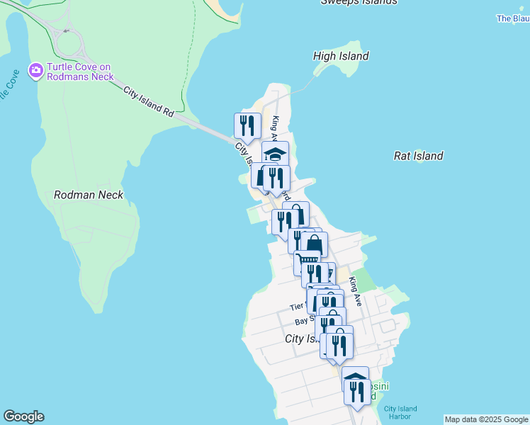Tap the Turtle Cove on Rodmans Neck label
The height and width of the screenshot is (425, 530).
point(79,72)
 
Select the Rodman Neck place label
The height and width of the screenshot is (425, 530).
point(89,195)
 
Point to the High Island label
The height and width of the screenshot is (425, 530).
point(341,56)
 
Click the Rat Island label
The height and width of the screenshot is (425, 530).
point(418,156)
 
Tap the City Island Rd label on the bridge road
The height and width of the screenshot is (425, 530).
point(148,101)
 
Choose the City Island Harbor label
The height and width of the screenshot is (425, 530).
point(400,412)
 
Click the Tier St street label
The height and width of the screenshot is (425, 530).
point(298,307)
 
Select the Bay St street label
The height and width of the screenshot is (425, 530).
point(305,322)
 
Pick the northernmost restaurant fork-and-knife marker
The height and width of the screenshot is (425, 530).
point(247,125)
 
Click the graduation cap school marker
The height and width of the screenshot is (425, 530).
point(275,153)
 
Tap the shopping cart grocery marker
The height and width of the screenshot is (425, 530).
point(307,261)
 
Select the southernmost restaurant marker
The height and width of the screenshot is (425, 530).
point(357,391)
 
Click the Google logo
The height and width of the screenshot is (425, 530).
point(23,416)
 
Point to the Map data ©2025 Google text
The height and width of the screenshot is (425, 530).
point(486,419)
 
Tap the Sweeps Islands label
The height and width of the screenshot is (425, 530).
point(359,2)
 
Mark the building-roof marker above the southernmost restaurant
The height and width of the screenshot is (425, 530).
point(355,375)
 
